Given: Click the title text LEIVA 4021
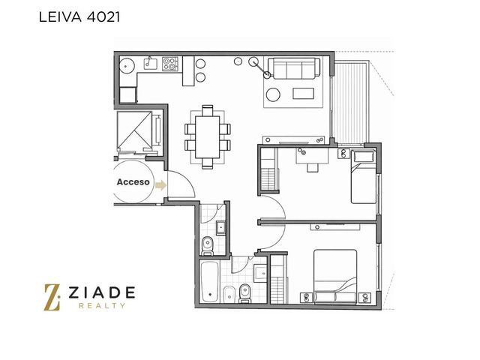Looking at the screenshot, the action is pos(79,17).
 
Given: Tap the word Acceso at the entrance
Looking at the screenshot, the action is pos(133,182).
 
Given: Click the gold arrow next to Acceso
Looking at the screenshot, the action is pos(160,185).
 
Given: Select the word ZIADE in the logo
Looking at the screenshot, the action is pos(102,292).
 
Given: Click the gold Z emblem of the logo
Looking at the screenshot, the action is pos(52,297).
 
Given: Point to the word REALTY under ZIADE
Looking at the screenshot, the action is pos(102,305).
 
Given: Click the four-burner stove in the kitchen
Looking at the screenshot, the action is pos(170,64).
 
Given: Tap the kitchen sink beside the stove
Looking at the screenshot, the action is pos(150,63).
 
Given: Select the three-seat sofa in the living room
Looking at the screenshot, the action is pos(293,68).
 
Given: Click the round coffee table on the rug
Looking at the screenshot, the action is pos(273,94).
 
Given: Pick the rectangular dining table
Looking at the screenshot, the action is pos(207,136).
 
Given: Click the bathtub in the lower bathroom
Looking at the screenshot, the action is pos(210,281).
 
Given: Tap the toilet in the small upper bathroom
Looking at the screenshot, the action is pos(208,246).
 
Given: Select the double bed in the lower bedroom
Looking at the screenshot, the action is pos(335,277).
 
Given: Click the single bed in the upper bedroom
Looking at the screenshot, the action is pos(364,177).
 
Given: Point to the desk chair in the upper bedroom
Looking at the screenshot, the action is pos(312,167).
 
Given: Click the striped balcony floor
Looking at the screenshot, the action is pos(351,103).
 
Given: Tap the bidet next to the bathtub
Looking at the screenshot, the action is pos(229,294).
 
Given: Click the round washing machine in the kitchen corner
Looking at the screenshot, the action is pos(127,65).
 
